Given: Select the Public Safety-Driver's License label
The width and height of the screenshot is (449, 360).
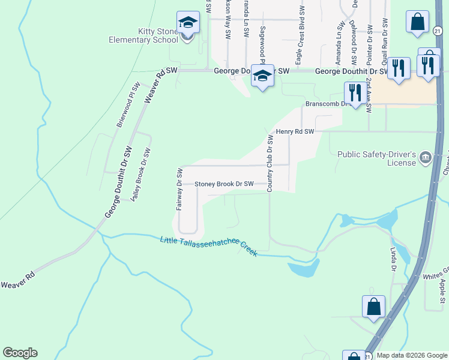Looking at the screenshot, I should click(x=376, y=158).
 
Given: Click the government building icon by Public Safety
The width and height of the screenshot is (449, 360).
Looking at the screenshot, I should click(x=426, y=158).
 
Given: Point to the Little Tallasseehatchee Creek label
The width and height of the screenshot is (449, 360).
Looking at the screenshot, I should click(x=209, y=247).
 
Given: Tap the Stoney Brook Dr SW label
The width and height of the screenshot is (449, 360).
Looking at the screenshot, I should click(x=224, y=184).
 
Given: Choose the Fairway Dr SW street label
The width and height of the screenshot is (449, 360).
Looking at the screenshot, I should click(x=179, y=189).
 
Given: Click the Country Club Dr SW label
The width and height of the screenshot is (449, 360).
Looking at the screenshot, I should click(x=270, y=163).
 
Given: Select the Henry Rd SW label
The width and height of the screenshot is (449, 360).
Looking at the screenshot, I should click(x=295, y=131).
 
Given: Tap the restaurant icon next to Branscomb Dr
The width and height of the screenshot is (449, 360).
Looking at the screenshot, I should click(x=355, y=93).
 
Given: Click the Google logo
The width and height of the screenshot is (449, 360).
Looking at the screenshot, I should click(x=20, y=353).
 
